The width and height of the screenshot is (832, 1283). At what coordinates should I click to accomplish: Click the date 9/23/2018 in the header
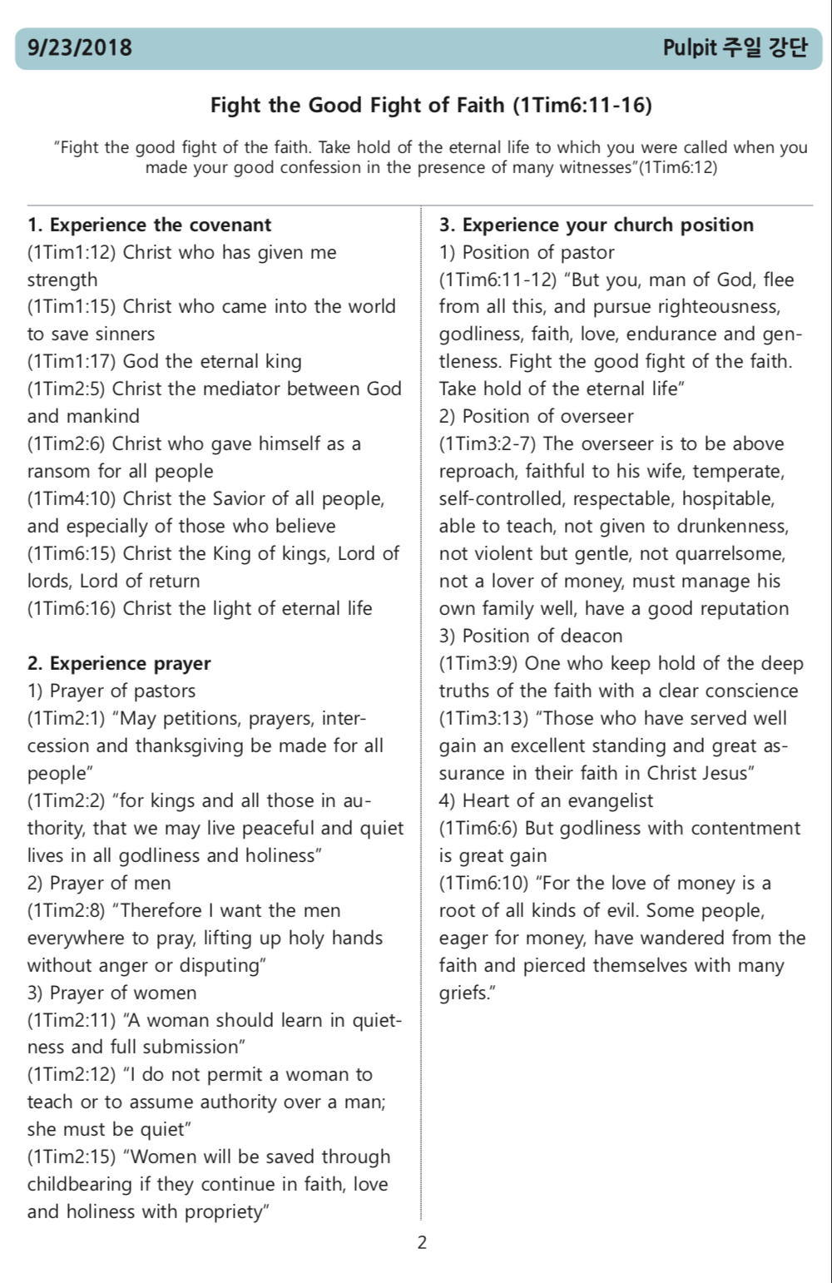coord(80,47)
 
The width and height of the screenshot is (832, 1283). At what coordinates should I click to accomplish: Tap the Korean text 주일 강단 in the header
coord(764,47)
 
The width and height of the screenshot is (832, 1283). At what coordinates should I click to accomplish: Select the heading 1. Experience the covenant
coord(149,225)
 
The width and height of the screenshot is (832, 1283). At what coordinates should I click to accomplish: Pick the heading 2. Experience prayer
coord(119,663)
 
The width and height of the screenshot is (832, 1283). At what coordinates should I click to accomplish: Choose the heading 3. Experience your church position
coord(597,225)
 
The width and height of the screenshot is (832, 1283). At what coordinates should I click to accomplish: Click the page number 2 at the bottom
coord(422,1243)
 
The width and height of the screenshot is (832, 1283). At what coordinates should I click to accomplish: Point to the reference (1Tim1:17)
coord(72,361)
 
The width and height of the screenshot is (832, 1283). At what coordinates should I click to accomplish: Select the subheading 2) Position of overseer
coord(536,416)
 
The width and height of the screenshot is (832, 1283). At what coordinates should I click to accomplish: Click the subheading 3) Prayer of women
coord(111,993)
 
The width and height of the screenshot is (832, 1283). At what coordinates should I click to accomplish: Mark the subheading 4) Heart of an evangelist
coord(546,800)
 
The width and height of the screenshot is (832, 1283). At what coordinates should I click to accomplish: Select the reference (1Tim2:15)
coord(72,1157)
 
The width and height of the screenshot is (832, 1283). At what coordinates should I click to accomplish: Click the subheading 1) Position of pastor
coord(527,252)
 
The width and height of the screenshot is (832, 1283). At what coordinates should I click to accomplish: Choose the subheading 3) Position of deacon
coord(531,636)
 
